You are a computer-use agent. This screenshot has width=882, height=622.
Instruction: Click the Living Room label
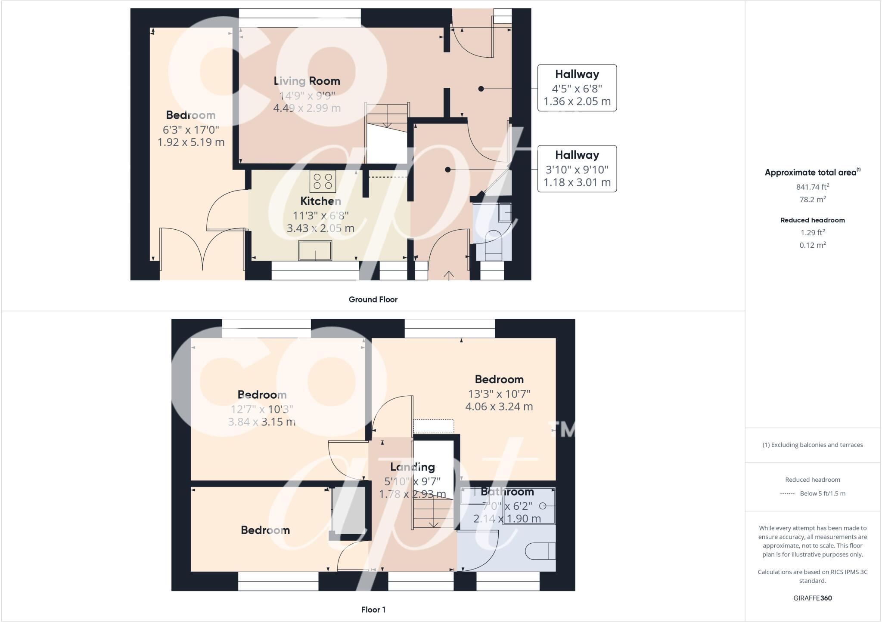click(307, 81)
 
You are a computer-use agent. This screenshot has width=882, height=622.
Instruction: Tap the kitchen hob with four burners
click(323, 182)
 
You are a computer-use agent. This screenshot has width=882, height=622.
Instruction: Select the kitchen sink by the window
click(315, 251)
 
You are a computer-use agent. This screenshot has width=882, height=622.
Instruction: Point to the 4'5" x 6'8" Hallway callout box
click(577, 88)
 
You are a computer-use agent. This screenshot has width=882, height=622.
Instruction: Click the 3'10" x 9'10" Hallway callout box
click(577, 169)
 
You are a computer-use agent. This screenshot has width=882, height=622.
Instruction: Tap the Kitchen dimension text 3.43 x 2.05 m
click(320, 228)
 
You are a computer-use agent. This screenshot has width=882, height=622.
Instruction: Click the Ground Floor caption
click(373, 299)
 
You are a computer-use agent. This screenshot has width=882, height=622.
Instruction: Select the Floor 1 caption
click(373, 610)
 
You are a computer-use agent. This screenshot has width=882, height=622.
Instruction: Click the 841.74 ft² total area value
click(812, 187)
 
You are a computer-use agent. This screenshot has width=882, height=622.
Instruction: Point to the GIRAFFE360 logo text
click(812, 598)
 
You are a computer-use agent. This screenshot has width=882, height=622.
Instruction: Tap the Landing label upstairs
click(412, 467)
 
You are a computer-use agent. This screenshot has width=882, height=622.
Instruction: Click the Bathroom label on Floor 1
click(507, 492)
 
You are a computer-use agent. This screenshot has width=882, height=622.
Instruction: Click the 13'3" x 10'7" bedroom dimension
click(499, 394)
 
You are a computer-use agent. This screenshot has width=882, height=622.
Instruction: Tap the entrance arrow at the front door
click(449, 275)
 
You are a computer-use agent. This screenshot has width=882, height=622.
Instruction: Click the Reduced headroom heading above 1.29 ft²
click(812, 220)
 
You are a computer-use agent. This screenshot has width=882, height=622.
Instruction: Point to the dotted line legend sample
click(787, 494)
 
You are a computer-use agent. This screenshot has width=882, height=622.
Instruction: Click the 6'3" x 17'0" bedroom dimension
click(191, 129)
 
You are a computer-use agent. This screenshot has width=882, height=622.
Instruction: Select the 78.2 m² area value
click(812, 200)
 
